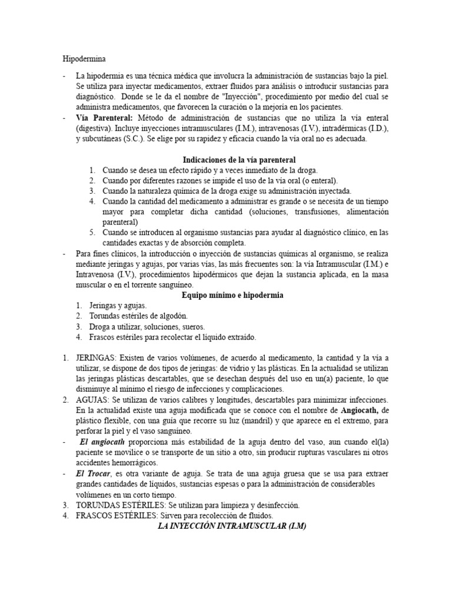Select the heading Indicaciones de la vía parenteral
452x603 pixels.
[239, 160]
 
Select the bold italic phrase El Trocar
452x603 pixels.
[92, 473]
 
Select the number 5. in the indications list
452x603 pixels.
[92, 233]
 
